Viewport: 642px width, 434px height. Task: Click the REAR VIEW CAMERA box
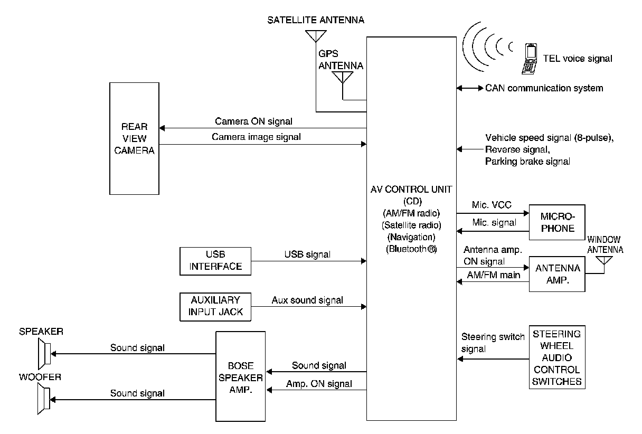click(x=134, y=139)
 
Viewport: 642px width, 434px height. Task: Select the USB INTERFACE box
click(x=215, y=261)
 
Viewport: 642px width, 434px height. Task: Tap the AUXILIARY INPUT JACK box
click(x=215, y=306)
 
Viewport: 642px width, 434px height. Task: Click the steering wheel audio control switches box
click(x=556, y=357)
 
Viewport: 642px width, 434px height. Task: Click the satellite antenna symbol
click(x=315, y=36)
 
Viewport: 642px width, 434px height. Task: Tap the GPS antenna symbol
click(x=343, y=78)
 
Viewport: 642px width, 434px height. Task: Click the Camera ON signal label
click(x=253, y=121)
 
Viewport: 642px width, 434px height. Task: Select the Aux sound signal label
click(x=307, y=300)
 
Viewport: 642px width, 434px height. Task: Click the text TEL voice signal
click(x=577, y=59)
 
